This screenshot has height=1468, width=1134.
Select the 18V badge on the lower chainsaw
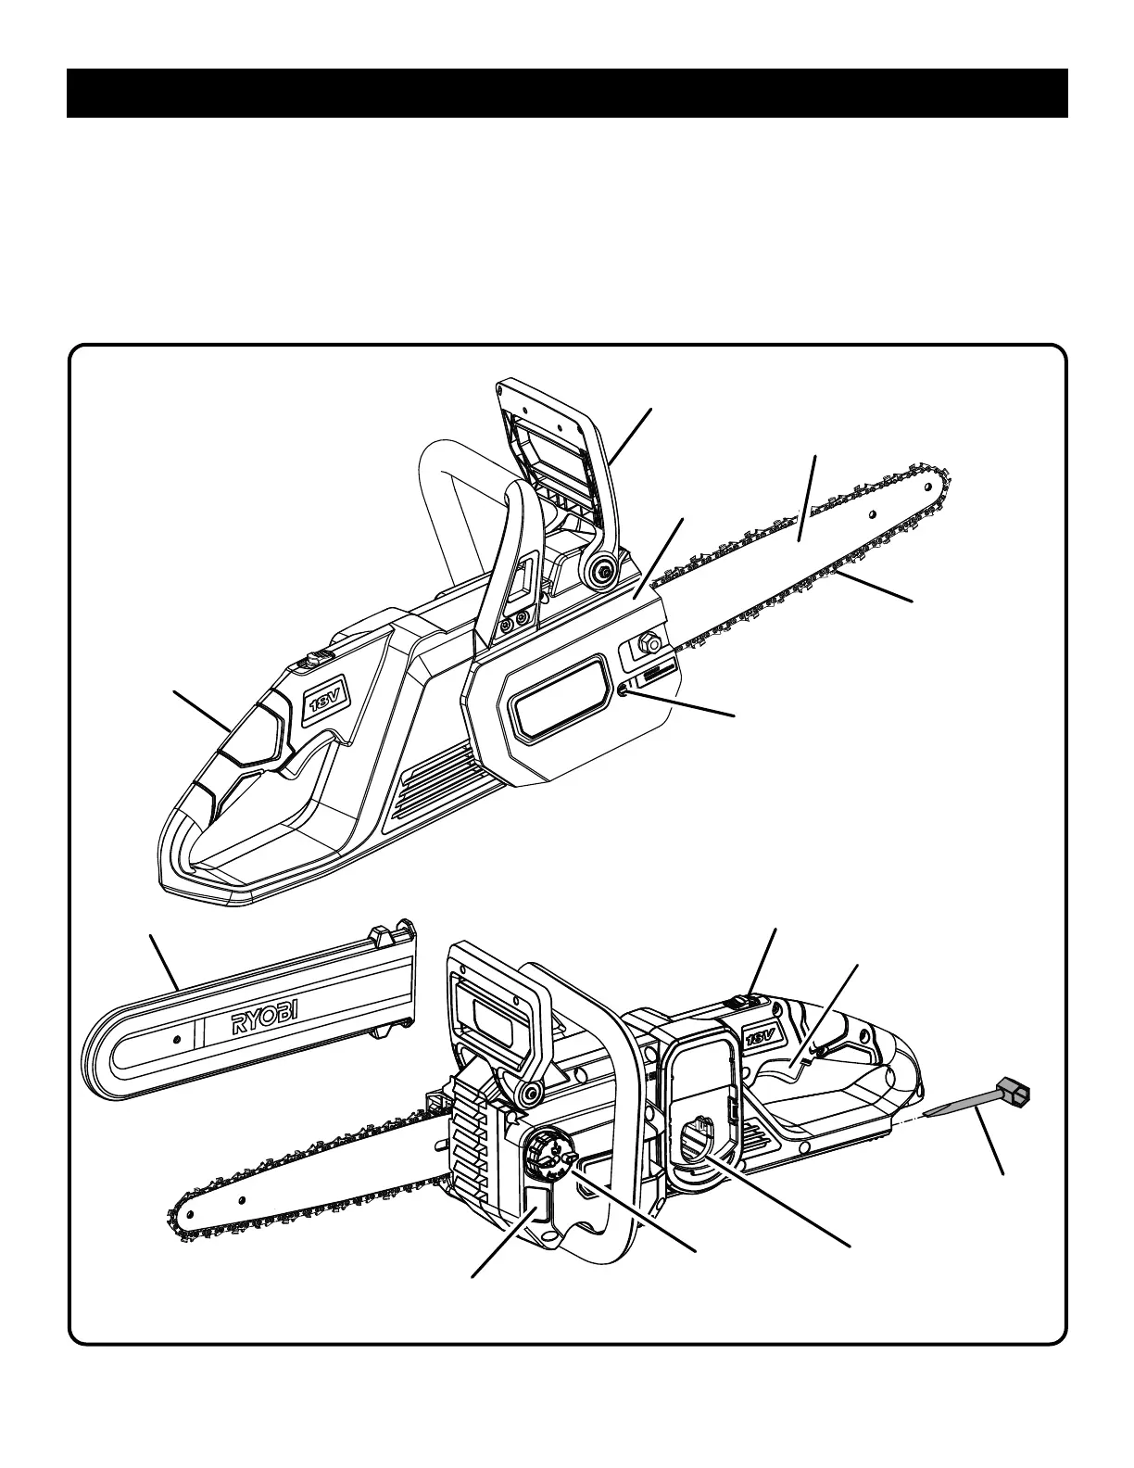(x=759, y=1035)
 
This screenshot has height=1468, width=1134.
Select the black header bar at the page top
(x=567, y=93)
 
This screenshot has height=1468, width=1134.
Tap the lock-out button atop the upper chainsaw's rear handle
(x=314, y=661)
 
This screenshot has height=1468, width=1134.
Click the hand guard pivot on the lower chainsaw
(x=529, y=1095)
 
